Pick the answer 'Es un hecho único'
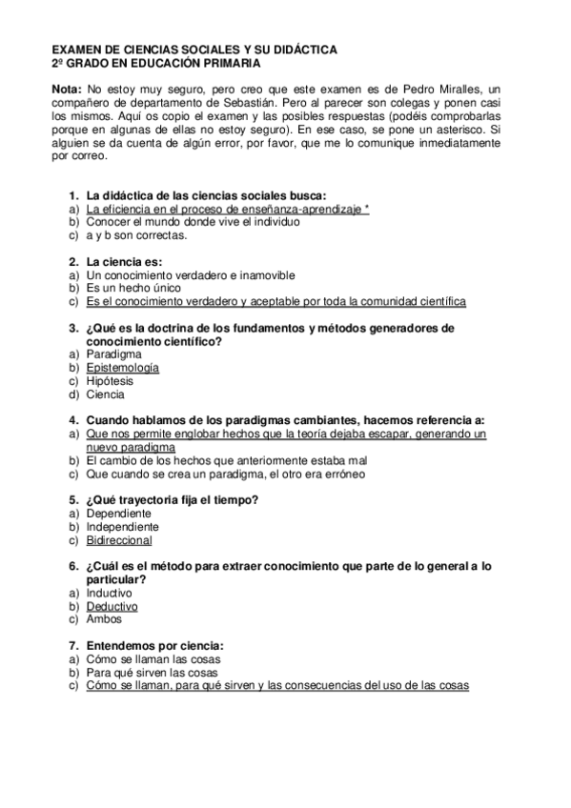[134, 288]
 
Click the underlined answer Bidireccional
[119, 540]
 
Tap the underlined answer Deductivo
[112, 606]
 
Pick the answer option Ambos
[104, 619]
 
